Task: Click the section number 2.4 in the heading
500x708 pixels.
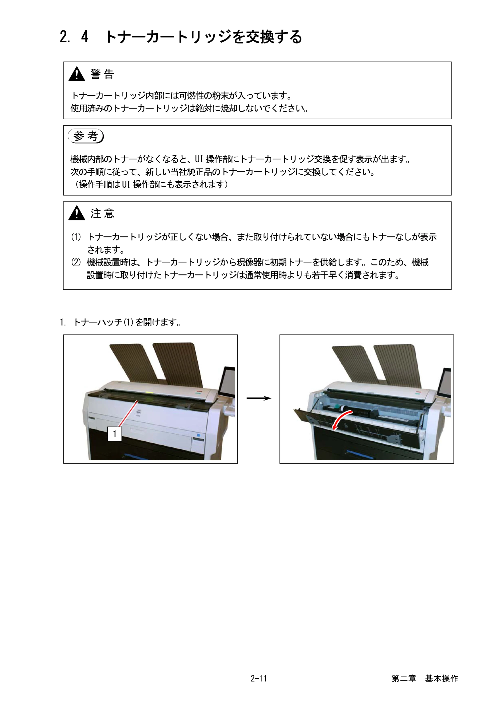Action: coord(74,37)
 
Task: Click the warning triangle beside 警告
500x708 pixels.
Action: coord(77,74)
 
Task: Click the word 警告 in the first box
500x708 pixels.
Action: coord(102,74)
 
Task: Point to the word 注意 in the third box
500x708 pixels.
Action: coord(102,213)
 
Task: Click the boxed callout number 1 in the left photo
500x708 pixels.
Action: coord(114,434)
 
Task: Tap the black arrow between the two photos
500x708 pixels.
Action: coord(259,398)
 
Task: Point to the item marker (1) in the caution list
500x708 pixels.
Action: coord(76,237)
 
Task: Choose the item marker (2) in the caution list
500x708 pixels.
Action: coord(76,262)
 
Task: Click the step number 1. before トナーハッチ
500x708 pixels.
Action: coord(62,322)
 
